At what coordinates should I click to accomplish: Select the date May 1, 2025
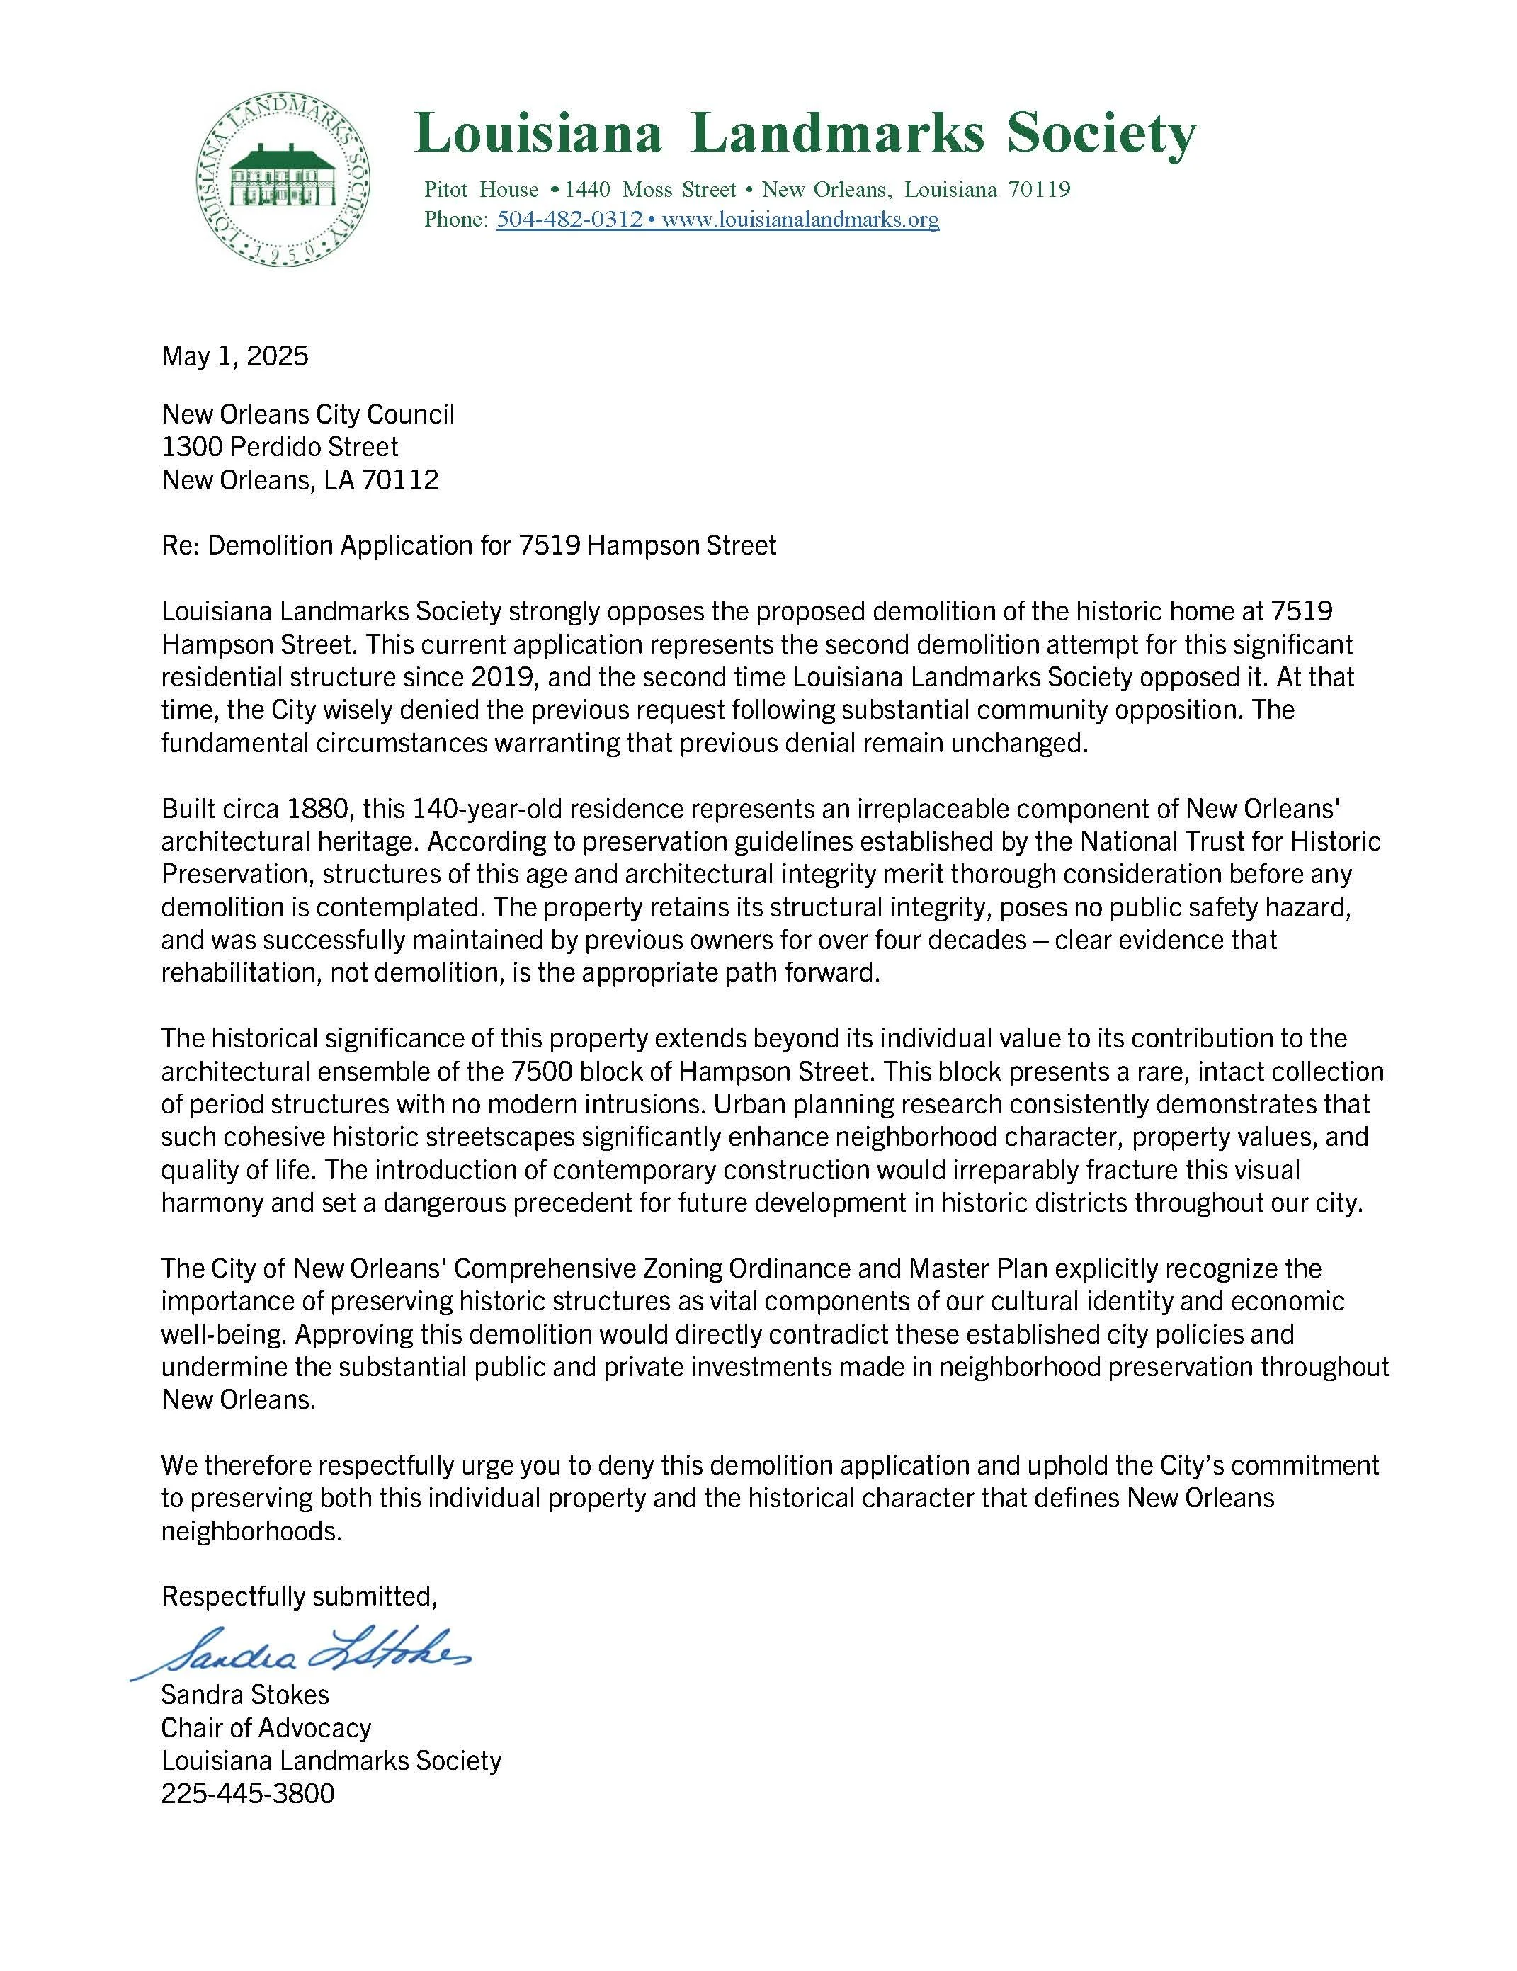point(234,356)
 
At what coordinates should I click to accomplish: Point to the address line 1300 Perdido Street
point(280,447)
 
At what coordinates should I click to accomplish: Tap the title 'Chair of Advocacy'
point(266,1728)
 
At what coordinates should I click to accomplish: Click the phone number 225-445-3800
point(247,1793)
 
